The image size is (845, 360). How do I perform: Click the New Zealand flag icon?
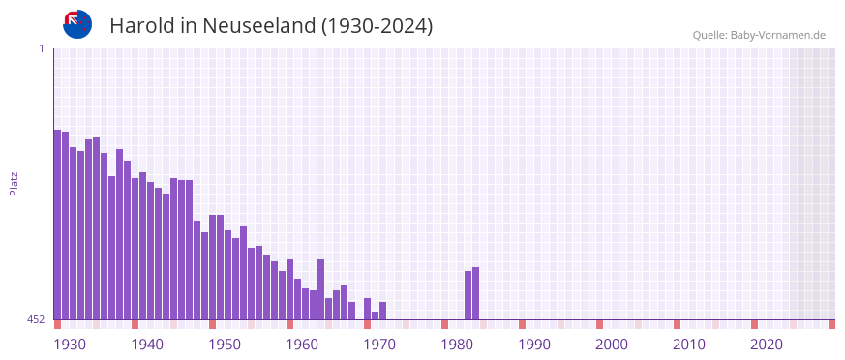(77, 24)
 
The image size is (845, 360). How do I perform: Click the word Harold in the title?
(141, 26)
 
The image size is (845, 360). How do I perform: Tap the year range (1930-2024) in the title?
(377, 26)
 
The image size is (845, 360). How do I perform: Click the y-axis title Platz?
(14, 184)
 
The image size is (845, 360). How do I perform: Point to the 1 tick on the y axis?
(42, 48)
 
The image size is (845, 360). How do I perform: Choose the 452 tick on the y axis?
(36, 319)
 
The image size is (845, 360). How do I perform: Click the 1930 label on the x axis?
(70, 344)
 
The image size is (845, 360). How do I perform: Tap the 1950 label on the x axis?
(225, 344)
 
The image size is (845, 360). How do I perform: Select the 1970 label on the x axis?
(379, 344)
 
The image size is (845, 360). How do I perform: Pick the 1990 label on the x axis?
(534, 344)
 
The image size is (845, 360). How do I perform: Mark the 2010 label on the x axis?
(689, 344)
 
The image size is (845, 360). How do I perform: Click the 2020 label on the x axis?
(767, 344)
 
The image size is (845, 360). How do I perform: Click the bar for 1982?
(468, 295)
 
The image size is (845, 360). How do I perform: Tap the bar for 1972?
(382, 311)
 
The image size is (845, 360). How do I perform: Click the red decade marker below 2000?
(599, 324)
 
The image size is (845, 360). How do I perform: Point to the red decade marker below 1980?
(444, 324)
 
